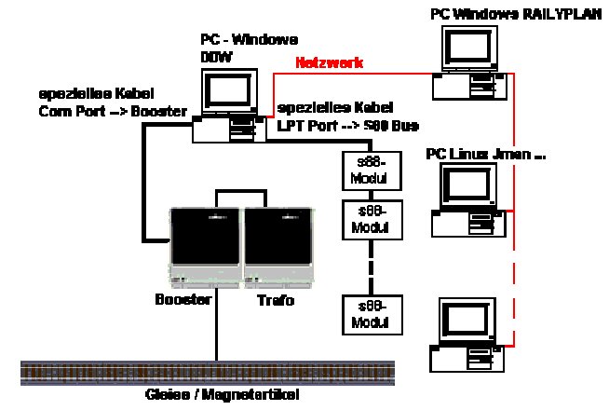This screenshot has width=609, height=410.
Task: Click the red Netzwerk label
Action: coord(329,63)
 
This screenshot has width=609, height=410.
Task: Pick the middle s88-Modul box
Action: coord(372,220)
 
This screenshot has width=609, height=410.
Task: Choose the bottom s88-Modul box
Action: coord(372,315)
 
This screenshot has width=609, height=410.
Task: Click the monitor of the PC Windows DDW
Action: coord(227,91)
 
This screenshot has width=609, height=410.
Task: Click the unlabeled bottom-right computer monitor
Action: coord(467,321)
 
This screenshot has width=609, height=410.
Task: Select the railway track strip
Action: coord(207,373)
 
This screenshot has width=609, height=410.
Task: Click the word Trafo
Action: coord(276,300)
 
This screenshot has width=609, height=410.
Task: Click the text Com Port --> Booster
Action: coord(112,111)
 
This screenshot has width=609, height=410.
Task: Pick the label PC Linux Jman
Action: coord(485,153)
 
